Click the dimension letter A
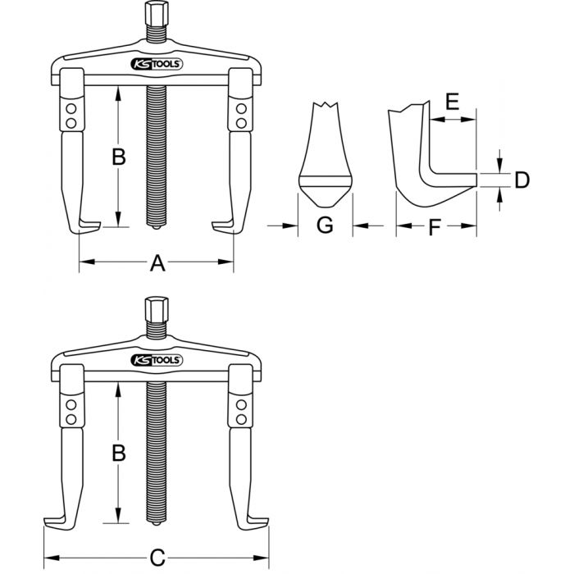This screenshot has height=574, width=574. click(157, 263)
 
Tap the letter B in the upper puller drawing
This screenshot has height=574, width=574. click(118, 157)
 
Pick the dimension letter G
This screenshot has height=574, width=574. click(325, 226)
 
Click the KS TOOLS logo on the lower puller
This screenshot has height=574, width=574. click(157, 359)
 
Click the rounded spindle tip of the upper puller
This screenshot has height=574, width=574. click(154, 227)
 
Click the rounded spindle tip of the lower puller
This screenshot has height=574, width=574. click(154, 522)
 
